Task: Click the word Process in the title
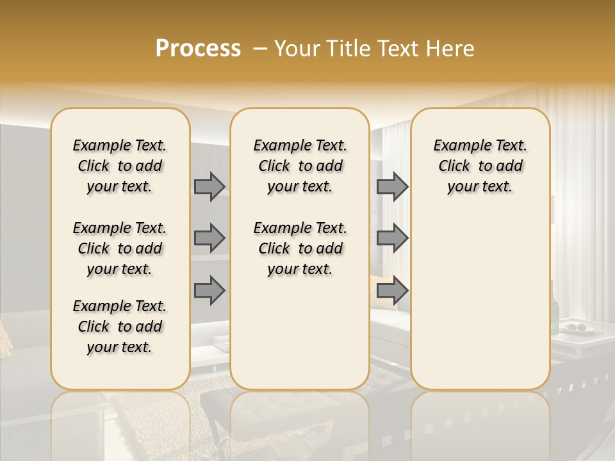tap(198, 49)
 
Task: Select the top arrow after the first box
tap(209, 186)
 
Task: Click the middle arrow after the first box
tap(209, 238)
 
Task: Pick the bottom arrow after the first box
tap(209, 291)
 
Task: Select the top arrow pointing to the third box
tap(392, 186)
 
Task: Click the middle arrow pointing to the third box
tap(392, 238)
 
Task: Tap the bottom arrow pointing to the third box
tap(392, 291)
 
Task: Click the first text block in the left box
tap(120, 166)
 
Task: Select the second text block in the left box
tap(120, 248)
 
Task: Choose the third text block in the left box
tap(120, 327)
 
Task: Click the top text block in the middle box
tap(300, 166)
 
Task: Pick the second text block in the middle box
tap(300, 248)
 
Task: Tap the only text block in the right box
tap(480, 166)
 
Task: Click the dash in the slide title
tap(259, 49)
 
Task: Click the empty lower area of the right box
tap(480, 301)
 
